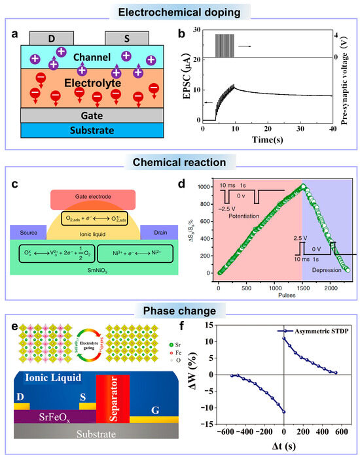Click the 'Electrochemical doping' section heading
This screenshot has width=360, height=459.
click(x=180, y=11)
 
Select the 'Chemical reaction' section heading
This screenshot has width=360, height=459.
click(x=180, y=161)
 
